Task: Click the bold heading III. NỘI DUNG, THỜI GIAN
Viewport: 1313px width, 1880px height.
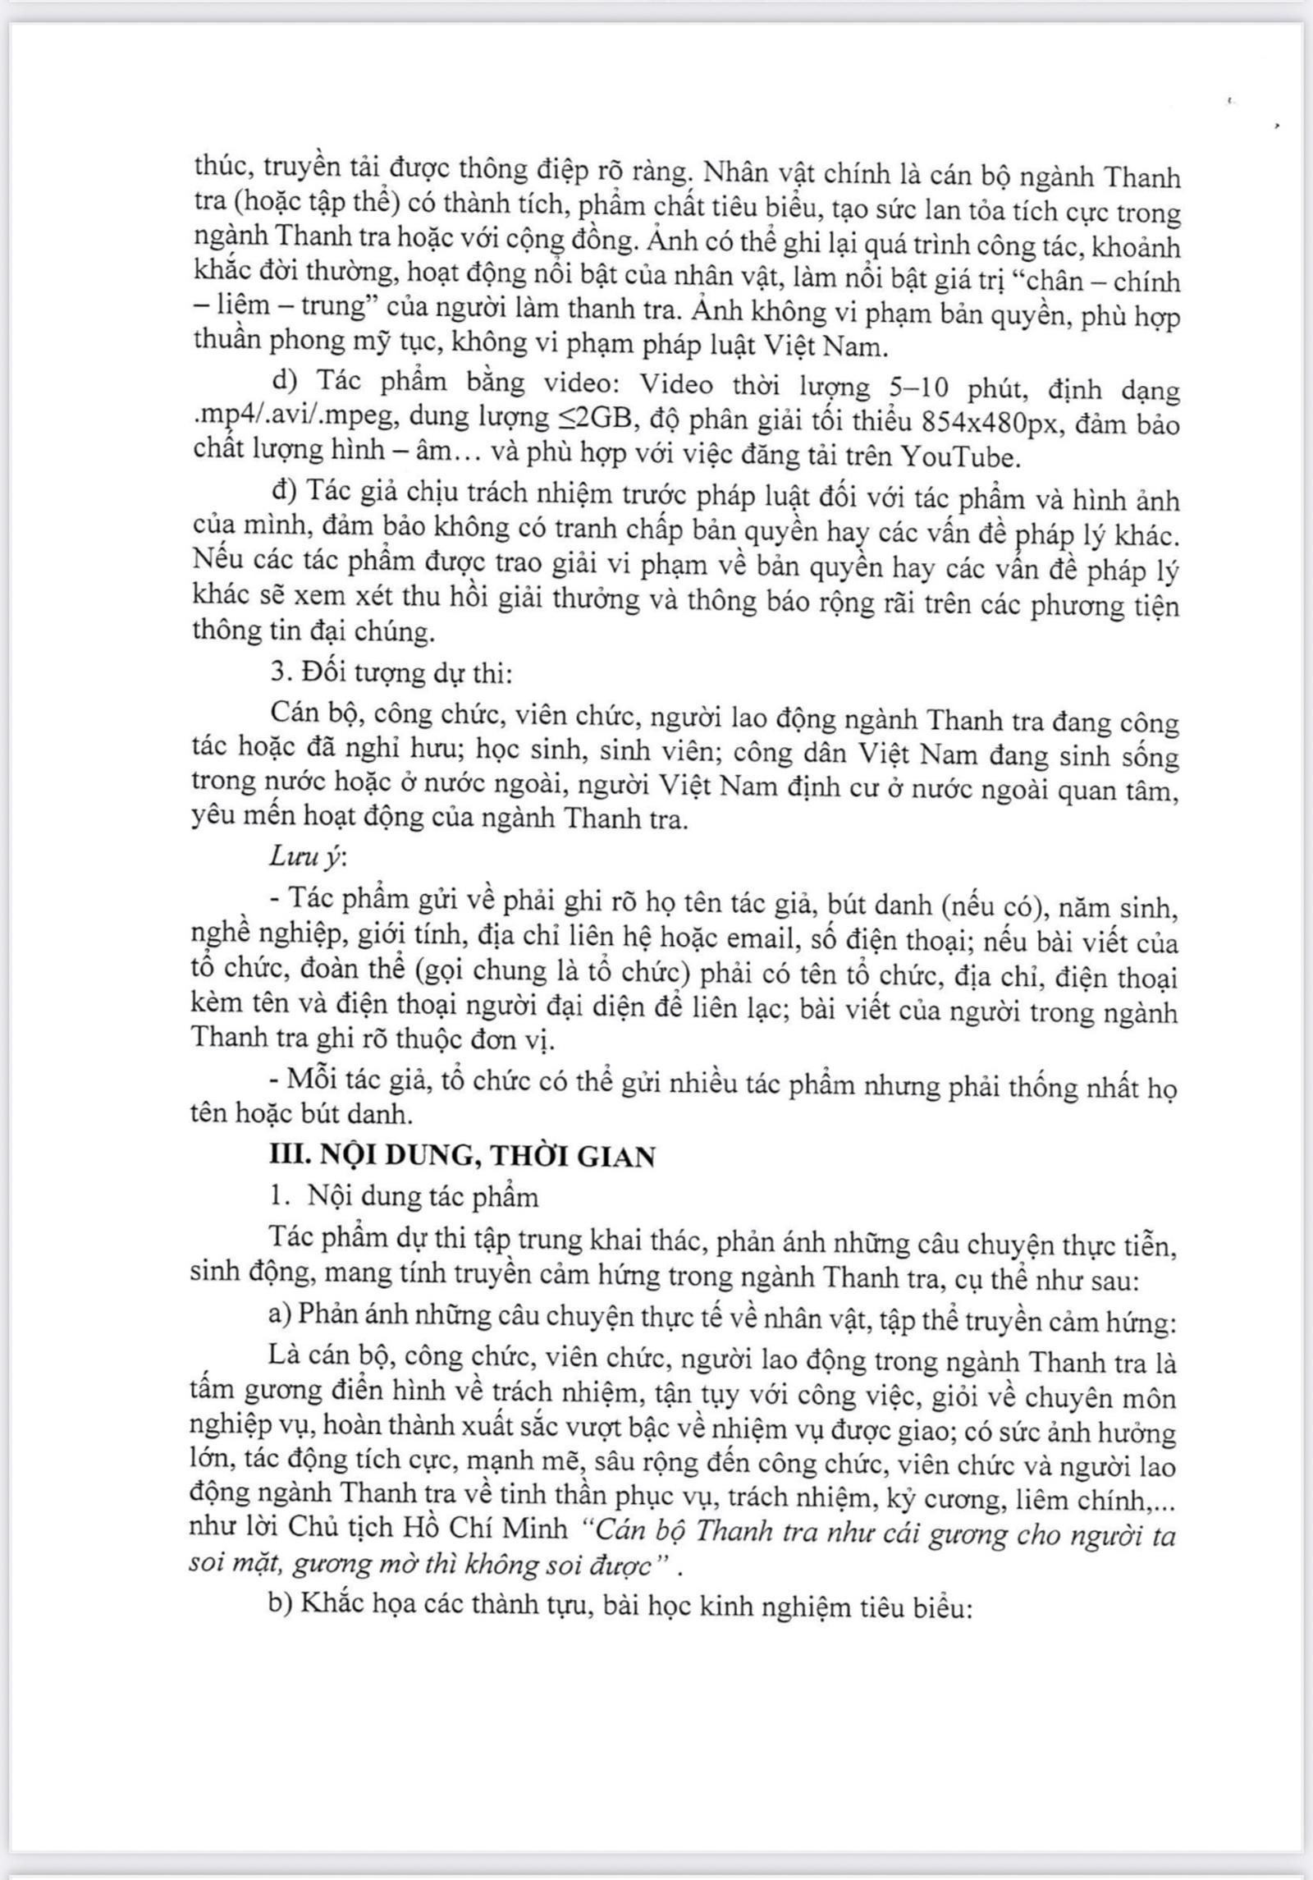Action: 463,1156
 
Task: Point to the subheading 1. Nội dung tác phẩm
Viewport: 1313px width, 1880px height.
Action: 404,1196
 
